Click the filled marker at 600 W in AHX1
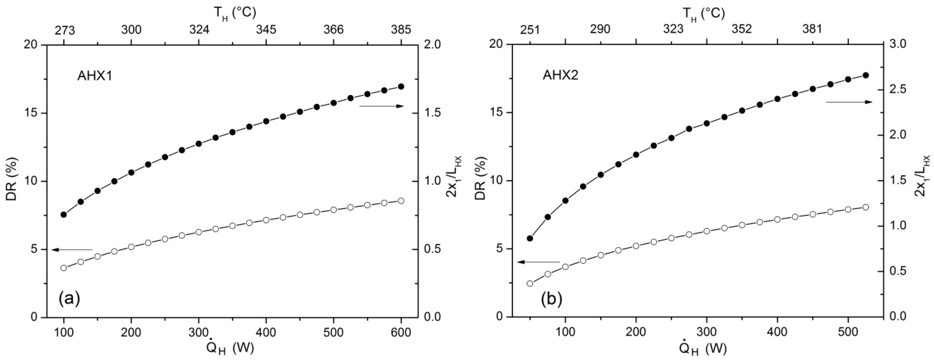pos(401,86)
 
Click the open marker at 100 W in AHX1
pos(64,268)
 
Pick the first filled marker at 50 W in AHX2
pos(530,238)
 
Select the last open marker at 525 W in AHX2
pos(865,207)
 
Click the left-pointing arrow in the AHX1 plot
pos(72,249)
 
